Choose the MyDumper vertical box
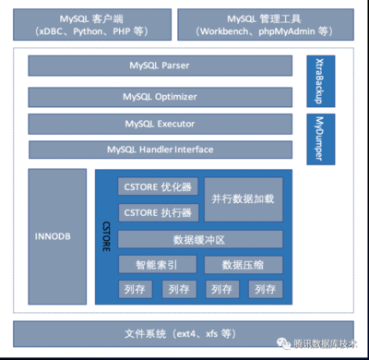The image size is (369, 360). tap(320, 139)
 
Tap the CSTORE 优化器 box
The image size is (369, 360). tap(159, 187)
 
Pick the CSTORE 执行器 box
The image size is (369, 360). tap(159, 213)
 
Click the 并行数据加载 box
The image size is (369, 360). tap(244, 199)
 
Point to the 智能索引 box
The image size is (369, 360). tap(159, 265)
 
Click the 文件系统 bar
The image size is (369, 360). tap(184, 332)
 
